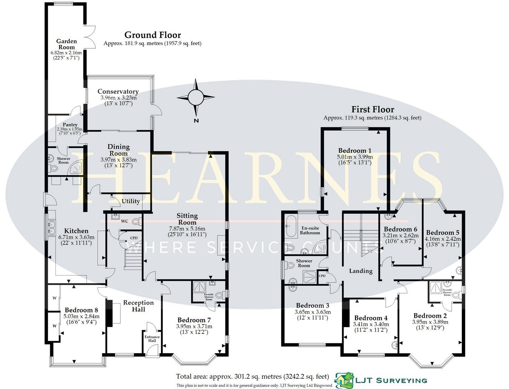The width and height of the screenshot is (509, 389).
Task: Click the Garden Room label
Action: (x=66, y=44)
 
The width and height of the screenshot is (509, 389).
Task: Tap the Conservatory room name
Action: (x=118, y=92)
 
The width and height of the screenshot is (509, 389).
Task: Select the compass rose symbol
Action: (x=196, y=97)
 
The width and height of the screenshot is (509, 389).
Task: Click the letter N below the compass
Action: (x=196, y=121)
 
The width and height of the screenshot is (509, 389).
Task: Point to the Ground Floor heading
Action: (x=152, y=35)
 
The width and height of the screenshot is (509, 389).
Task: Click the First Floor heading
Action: (x=373, y=109)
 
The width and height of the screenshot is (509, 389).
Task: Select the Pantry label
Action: (x=70, y=125)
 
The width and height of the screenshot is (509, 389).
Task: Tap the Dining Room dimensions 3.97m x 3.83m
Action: (x=118, y=160)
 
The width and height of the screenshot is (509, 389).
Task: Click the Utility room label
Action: (x=130, y=201)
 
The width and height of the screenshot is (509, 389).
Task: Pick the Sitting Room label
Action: (x=187, y=219)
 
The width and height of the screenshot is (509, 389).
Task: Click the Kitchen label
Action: (x=76, y=231)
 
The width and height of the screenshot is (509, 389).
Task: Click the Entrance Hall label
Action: (x=152, y=338)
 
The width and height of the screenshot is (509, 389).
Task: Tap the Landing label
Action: (x=360, y=271)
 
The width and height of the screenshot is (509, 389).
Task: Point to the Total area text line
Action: (x=252, y=376)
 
